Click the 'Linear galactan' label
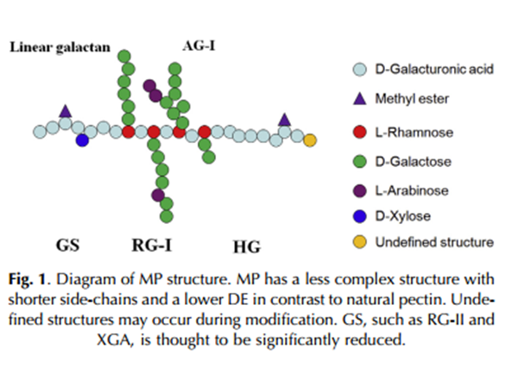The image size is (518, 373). pyautogui.click(x=60, y=47)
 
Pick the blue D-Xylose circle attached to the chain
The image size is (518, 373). pyautogui.click(x=82, y=140)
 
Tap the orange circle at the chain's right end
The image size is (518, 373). pyautogui.click(x=310, y=140)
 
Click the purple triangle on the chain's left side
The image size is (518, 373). pyautogui.click(x=65, y=110)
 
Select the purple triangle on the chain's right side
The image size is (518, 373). pyautogui.click(x=285, y=119)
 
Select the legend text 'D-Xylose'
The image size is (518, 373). pyautogui.click(x=401, y=216)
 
